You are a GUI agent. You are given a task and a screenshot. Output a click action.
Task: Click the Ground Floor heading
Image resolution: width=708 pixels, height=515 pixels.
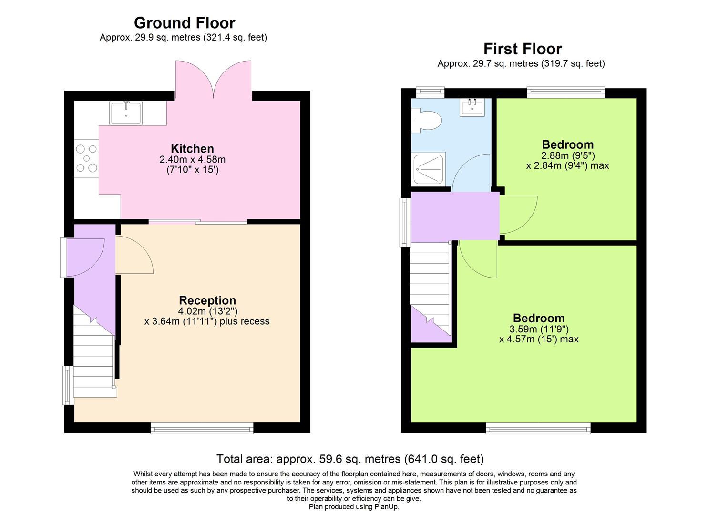pos(185,23)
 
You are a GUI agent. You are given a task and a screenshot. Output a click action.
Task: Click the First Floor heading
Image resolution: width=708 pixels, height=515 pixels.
pos(523,49)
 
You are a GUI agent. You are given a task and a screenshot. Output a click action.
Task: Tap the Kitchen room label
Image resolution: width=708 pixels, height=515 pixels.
pos(192,148)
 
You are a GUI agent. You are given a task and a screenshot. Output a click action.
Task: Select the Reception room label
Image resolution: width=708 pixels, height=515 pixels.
pos(207,300)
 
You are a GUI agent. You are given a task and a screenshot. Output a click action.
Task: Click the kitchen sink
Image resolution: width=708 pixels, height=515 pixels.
pos(126,113)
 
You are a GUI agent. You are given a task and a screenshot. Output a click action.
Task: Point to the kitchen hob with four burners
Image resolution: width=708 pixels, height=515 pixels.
pos(86,158)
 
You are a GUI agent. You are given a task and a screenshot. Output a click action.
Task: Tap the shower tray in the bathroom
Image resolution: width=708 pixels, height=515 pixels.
pos(429,168)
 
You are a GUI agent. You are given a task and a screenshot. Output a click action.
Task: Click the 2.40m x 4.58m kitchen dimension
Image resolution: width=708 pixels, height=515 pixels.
pos(192,159)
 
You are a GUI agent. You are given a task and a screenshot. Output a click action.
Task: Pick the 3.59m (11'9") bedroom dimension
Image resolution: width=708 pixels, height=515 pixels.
pos(539,329)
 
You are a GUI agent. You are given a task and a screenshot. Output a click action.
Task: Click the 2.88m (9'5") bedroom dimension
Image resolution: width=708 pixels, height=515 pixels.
pos(568,155)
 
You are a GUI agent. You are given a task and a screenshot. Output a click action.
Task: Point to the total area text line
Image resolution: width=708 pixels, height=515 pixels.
pos(350,459)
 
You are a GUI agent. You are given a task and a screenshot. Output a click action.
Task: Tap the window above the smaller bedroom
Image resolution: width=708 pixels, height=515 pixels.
pos(565,93)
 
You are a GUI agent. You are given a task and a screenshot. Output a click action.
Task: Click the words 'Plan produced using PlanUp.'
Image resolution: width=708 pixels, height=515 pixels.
pos(354,507)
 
